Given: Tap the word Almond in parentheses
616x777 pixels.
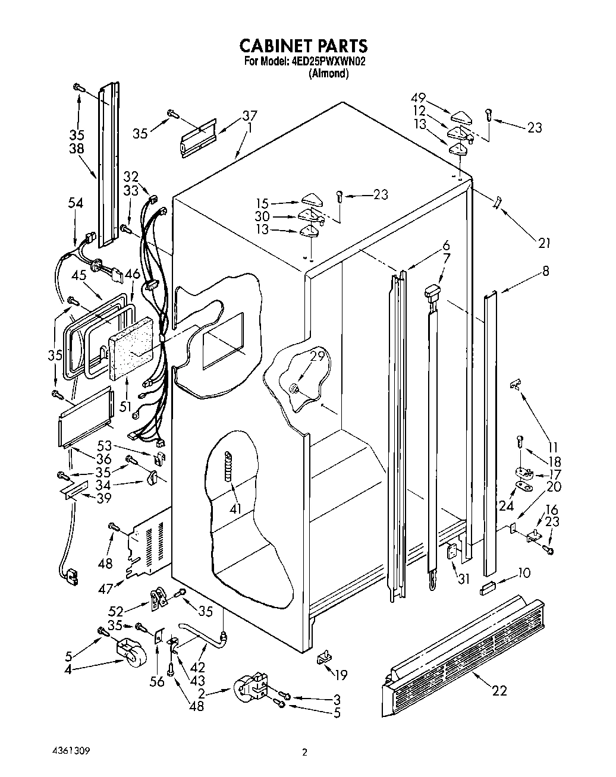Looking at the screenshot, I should pos(329,74).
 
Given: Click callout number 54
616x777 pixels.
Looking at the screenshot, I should pos(76,203).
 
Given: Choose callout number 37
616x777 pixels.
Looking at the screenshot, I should pos(232,115).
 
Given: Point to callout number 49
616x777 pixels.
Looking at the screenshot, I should pos(419,97).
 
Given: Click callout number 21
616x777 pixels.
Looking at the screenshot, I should pos(543,243).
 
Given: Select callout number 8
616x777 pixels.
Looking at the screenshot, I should pos(545,271).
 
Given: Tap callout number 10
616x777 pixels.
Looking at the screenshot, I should pos(524,573).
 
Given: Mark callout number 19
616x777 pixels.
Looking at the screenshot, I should pos(341,675).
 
